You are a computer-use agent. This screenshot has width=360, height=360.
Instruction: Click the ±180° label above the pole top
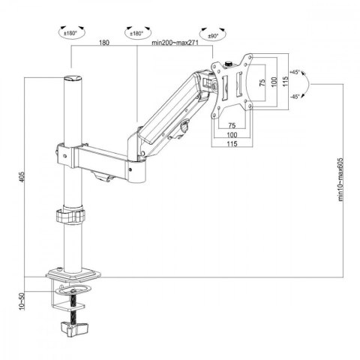pyautogui.click(x=72, y=32)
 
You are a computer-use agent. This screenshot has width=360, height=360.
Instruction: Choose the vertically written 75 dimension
pyautogui.click(x=262, y=84)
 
